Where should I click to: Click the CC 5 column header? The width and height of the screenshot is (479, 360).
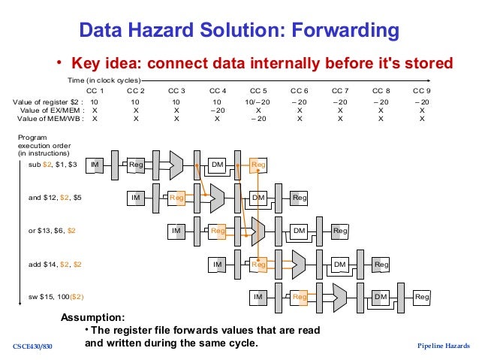(x=259, y=90)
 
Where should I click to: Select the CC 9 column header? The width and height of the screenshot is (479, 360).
(x=422, y=90)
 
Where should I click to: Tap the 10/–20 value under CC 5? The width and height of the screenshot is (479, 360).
(x=259, y=101)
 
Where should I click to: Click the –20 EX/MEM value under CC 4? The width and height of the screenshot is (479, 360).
(x=218, y=110)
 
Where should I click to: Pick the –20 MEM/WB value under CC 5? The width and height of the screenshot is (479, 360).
(x=259, y=119)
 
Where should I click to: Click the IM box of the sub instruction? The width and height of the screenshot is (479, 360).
(x=95, y=164)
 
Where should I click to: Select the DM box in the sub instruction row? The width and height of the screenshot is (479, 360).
(x=217, y=164)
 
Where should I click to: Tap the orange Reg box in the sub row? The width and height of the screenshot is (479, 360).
(x=258, y=164)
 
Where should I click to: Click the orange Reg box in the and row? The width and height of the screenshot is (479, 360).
(x=177, y=198)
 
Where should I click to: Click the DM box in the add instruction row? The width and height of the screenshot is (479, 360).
(x=340, y=264)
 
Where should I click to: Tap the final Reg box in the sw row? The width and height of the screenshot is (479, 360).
(x=422, y=298)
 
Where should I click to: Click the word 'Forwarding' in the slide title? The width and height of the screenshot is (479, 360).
(x=335, y=32)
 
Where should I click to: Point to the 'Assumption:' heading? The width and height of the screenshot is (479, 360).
(x=92, y=318)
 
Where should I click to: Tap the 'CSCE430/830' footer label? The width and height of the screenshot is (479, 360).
(x=34, y=346)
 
